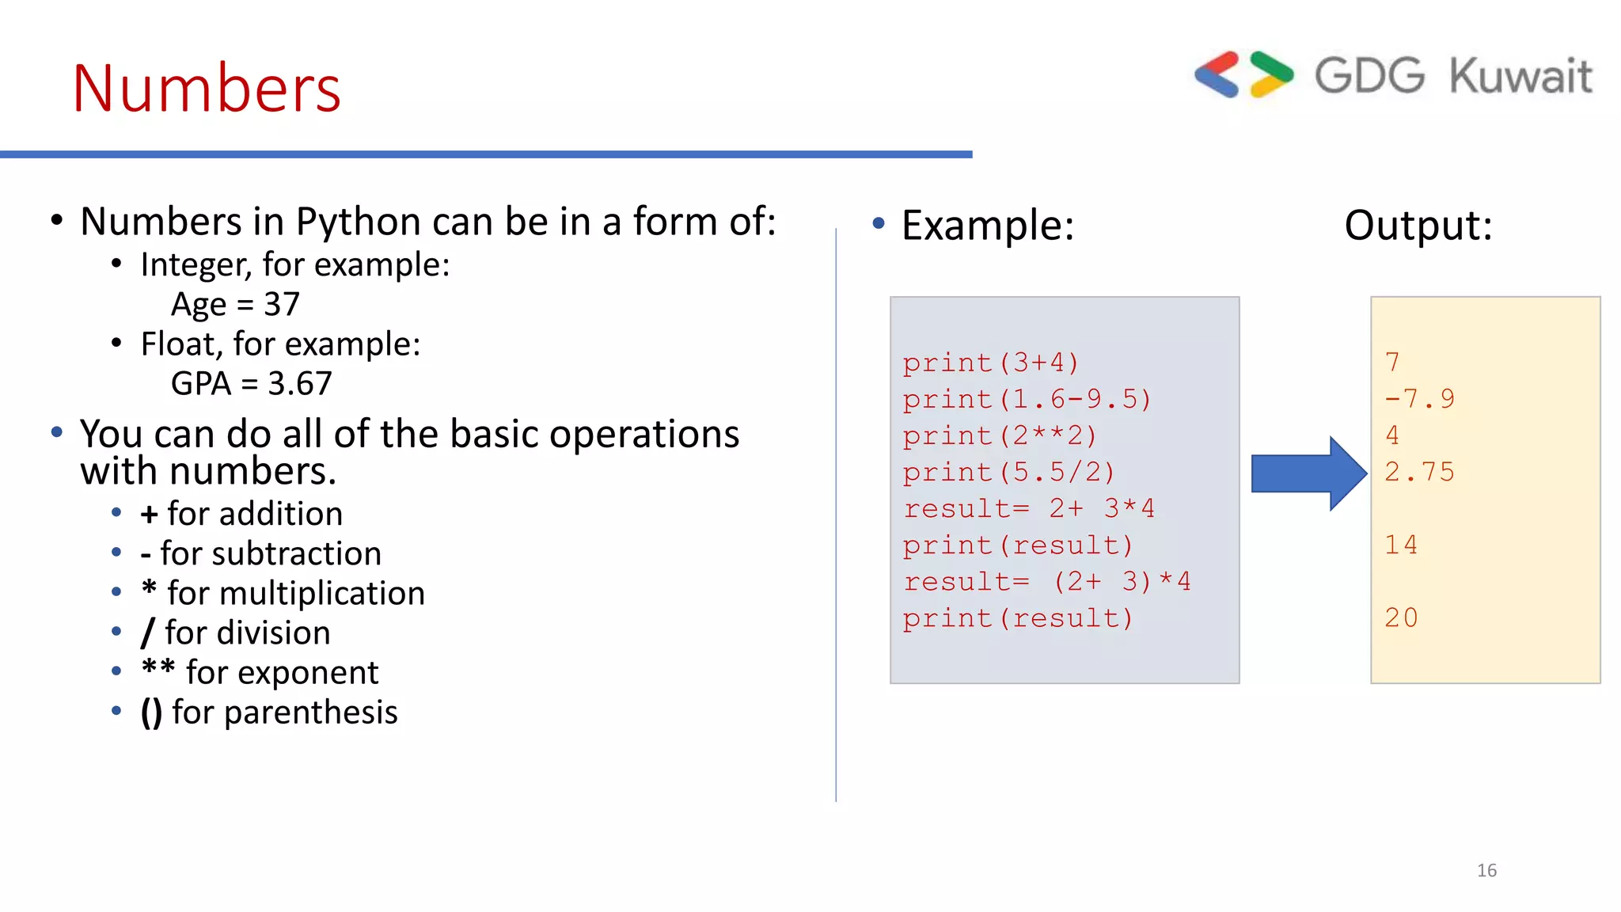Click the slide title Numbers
click(207, 89)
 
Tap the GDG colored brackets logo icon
click(1243, 75)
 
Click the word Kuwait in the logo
click(1520, 77)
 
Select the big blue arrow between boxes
click(1308, 473)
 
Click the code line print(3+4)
click(991, 363)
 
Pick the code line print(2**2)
click(1000, 435)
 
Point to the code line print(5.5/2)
click(1009, 473)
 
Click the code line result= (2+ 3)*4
click(1046, 582)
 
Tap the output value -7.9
click(1419, 399)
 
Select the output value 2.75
click(1419, 473)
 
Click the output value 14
click(1401, 545)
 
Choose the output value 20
click(1401, 617)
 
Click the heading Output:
click(1418, 226)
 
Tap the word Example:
click(987, 226)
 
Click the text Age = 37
click(235, 305)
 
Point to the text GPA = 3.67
click(251, 384)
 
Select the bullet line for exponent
click(260, 672)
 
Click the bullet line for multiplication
click(283, 593)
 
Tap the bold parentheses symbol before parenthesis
click(151, 712)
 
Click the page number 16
click(1486, 871)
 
